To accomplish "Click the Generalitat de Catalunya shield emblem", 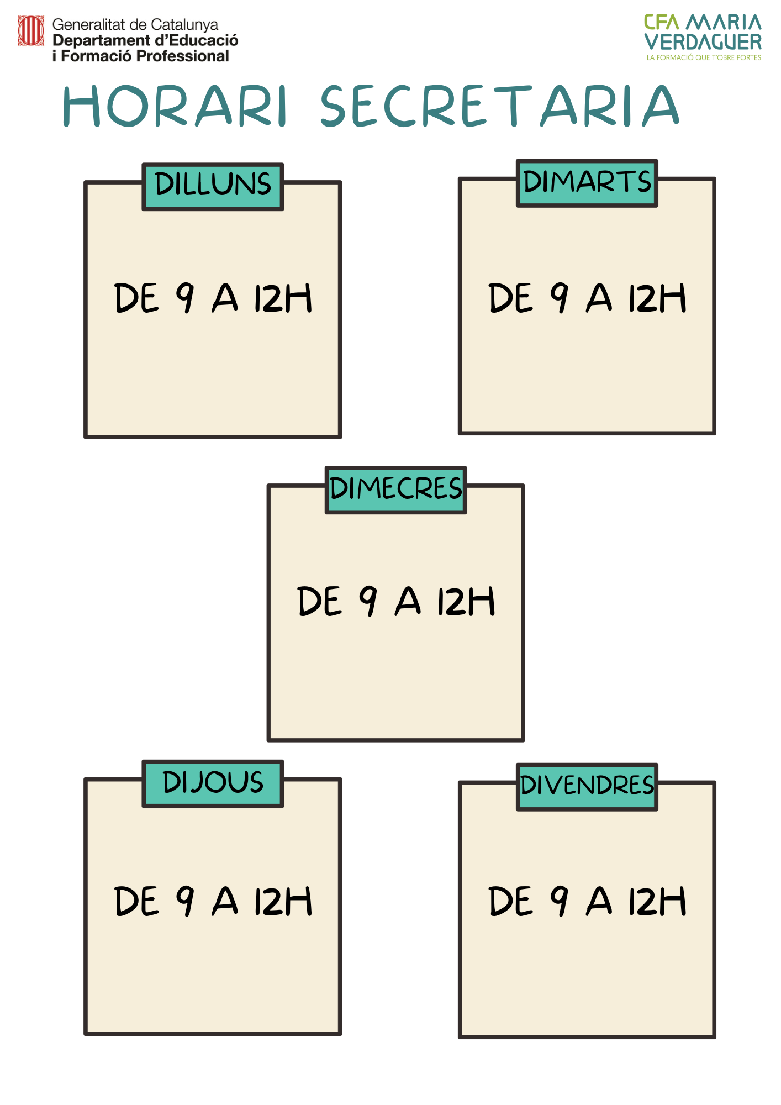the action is click(x=31, y=30).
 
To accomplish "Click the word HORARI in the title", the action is click(x=175, y=106).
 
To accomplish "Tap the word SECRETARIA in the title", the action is click(x=500, y=106).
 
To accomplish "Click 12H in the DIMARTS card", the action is click(x=657, y=298).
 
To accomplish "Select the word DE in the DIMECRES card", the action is click(x=320, y=601).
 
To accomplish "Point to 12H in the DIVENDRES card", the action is click(x=657, y=901).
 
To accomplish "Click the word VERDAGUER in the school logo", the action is click(x=703, y=42).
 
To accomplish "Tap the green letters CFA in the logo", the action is click(x=662, y=23).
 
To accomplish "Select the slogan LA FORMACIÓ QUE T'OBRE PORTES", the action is click(x=704, y=57).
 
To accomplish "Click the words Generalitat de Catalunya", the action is click(x=135, y=25).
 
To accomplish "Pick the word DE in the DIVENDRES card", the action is click(x=511, y=901).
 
